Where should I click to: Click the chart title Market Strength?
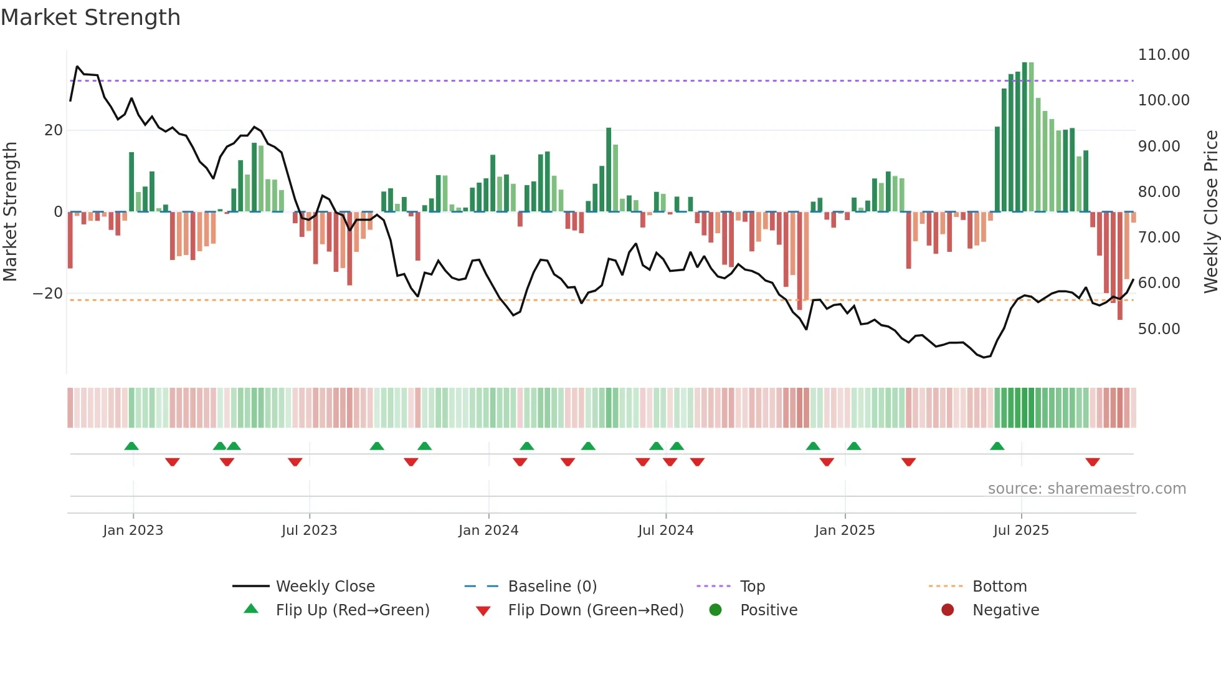[x=91, y=17]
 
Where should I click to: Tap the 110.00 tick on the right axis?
[x=1163, y=55]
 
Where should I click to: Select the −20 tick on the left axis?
[x=48, y=294]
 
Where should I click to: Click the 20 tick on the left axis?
[x=54, y=130]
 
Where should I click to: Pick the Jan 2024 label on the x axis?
[x=488, y=531]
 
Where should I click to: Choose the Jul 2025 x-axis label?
[x=1021, y=531]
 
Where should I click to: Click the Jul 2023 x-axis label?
[x=309, y=531]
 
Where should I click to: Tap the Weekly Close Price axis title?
[x=1210, y=211]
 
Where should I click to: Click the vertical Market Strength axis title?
[x=11, y=211]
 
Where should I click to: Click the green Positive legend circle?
[x=716, y=610]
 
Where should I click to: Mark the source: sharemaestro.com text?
[x=1086, y=489]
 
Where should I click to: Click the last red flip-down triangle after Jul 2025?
[x=1092, y=462]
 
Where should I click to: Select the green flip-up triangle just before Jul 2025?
[x=997, y=446]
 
